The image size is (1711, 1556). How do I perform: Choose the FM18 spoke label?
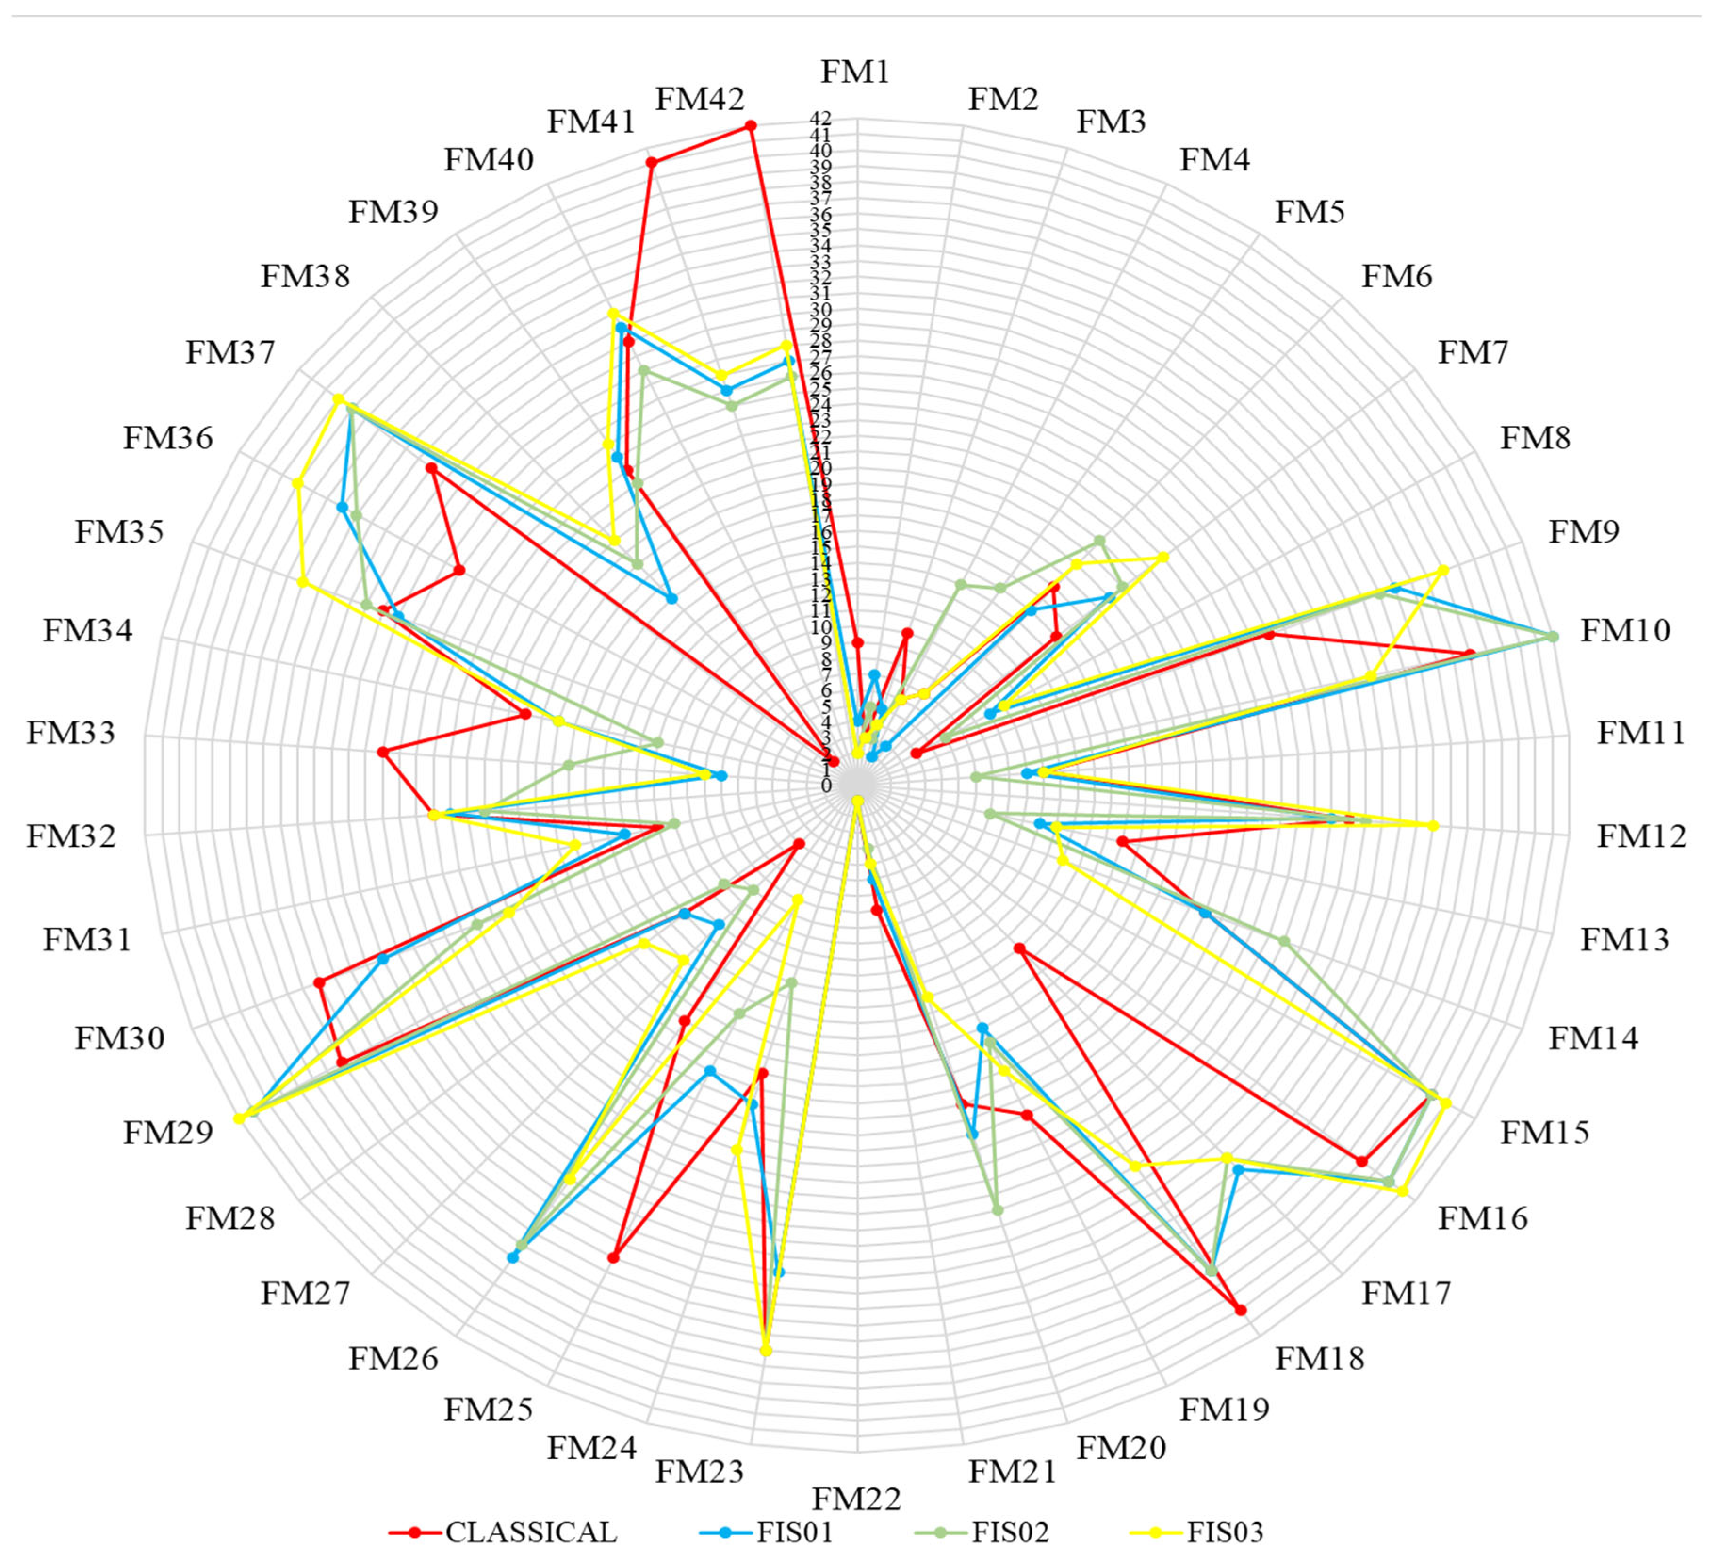(1320, 1358)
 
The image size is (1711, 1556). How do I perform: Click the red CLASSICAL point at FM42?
(750, 126)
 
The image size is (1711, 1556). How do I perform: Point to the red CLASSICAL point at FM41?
(651, 163)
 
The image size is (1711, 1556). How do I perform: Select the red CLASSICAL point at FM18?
(1241, 1311)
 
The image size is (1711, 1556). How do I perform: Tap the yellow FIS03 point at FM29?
(239, 1119)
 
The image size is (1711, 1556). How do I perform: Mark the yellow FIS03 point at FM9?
(1444, 570)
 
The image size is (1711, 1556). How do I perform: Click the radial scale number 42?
(821, 118)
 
